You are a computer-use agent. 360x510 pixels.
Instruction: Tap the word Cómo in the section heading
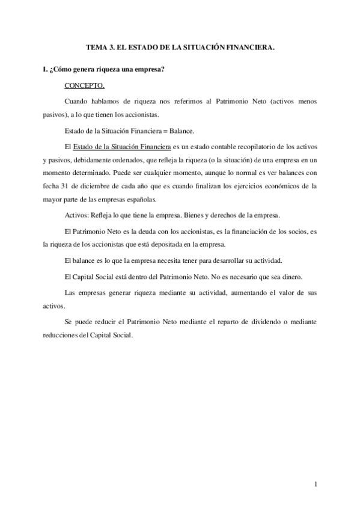tap(62, 70)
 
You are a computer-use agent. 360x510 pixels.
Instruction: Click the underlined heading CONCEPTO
tap(84, 85)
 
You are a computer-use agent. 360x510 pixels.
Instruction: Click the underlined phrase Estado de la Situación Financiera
tap(121, 146)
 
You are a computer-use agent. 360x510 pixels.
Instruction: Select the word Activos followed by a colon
tap(75, 215)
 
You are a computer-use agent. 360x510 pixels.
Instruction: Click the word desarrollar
tap(234, 260)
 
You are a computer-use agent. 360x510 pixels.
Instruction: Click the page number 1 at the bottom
tap(316, 484)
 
